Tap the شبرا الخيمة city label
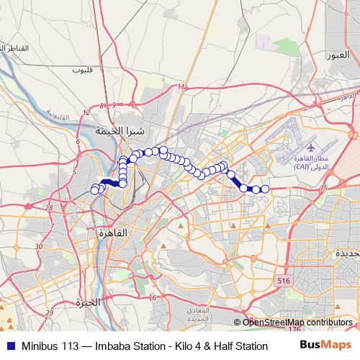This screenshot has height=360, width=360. pyautogui.click(x=120, y=132)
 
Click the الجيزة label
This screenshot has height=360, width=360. pyautogui.click(x=84, y=302)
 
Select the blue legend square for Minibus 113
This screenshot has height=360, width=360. pyautogui.click(x=9, y=346)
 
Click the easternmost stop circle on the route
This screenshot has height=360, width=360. pyautogui.click(x=264, y=189)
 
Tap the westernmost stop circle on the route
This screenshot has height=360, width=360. pyautogui.click(x=94, y=190)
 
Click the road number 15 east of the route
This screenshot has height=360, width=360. pyautogui.click(x=323, y=188)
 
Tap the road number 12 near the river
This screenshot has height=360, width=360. pyautogui.click(x=86, y=112)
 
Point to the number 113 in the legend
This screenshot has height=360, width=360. pyautogui.click(x=68, y=346)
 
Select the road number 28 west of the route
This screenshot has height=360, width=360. pyautogui.click(x=49, y=207)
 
